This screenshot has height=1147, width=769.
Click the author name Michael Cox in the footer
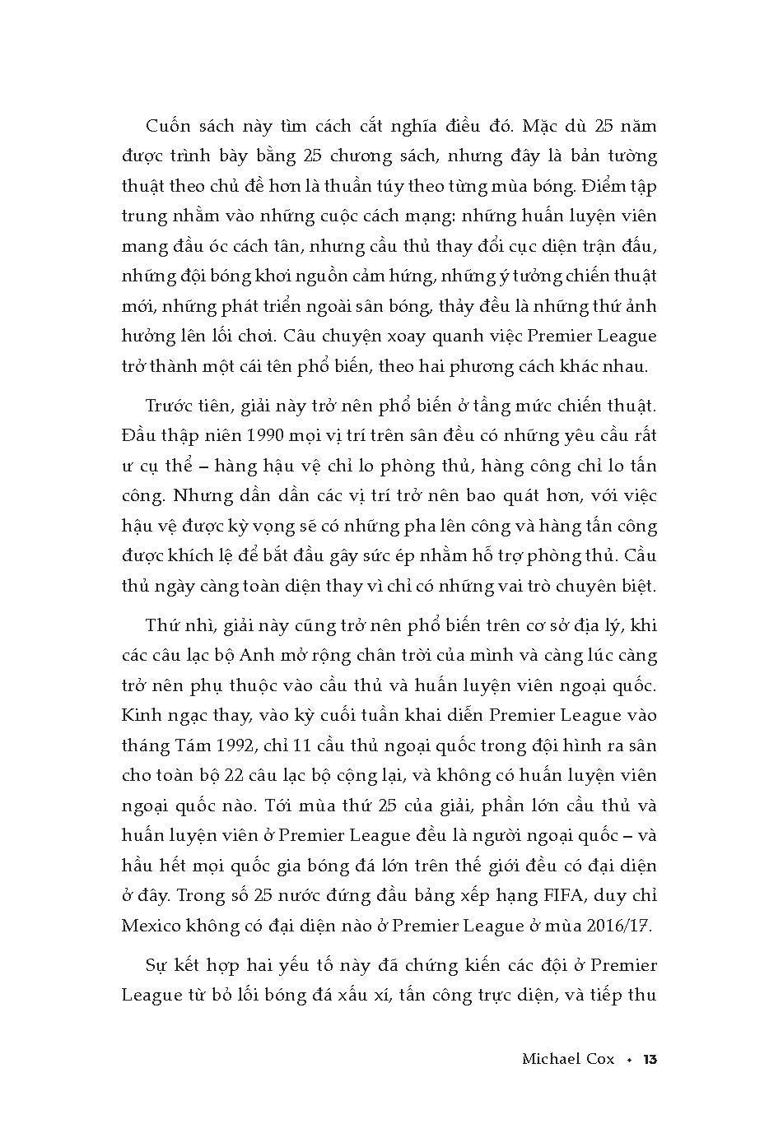(568, 1059)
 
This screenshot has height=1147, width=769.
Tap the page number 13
(649, 1059)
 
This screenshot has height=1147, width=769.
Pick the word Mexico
(151, 925)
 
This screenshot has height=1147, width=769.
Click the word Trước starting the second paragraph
(171, 406)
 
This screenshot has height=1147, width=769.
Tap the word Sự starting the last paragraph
(156, 964)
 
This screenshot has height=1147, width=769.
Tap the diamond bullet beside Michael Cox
(630, 1060)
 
